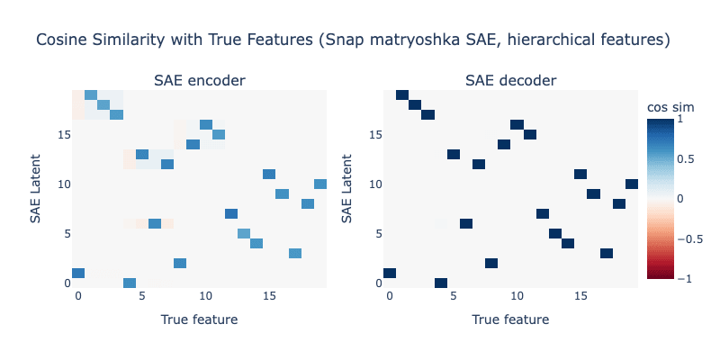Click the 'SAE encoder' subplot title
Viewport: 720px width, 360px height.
199,81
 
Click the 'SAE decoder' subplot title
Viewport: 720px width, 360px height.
511,81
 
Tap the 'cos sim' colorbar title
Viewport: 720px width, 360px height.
670,107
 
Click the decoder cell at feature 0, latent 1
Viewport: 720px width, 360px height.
390,274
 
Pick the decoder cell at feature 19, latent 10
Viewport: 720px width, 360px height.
632,184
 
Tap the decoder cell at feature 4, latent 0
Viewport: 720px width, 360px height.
441,283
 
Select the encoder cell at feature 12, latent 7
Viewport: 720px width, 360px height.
231,213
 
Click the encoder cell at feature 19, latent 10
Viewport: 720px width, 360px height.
320,184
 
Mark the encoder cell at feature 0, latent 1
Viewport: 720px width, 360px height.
78,274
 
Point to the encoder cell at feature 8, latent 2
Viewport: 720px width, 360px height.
180,263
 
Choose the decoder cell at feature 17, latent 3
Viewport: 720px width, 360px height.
607,254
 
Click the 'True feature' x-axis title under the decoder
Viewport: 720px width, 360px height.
510,319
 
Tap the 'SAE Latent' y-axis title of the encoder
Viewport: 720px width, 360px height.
35,189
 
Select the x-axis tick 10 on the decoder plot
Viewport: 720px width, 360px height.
517,297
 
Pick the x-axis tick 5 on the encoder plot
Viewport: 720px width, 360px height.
142,297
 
